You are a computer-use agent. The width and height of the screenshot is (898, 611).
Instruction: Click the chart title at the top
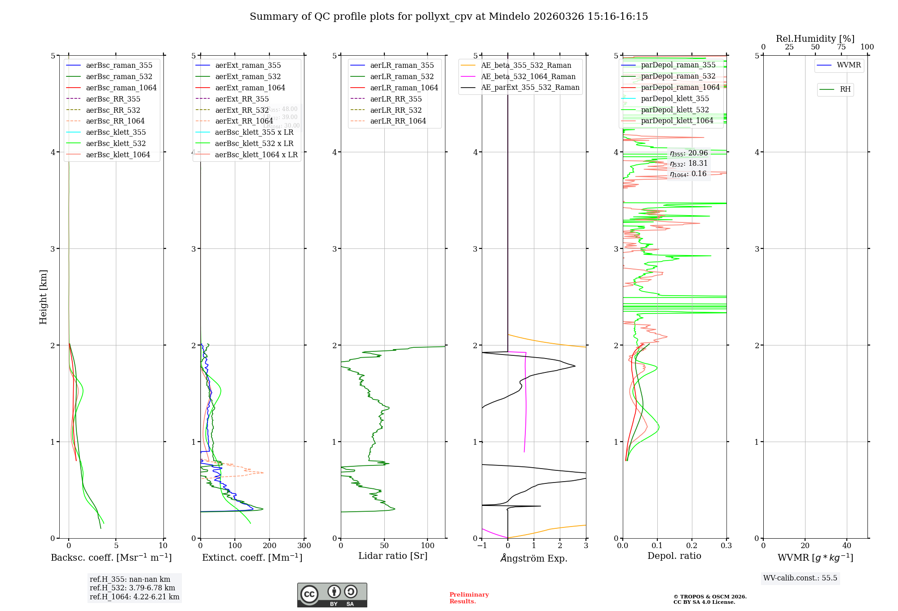pyautogui.click(x=449, y=17)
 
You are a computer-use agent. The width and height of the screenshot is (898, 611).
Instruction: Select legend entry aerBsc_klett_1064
pyautogui.click(x=118, y=155)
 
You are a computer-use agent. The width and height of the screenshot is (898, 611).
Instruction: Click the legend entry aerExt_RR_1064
pyautogui.click(x=244, y=121)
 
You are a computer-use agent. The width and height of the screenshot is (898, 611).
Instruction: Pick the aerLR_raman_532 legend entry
pyautogui.click(x=402, y=76)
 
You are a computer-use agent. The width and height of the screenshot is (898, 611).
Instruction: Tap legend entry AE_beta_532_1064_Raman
pyautogui.click(x=528, y=76)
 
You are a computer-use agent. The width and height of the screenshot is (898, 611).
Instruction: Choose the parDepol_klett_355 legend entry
pyautogui.click(x=675, y=98)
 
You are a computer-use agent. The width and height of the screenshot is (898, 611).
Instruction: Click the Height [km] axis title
pyautogui.click(x=43, y=297)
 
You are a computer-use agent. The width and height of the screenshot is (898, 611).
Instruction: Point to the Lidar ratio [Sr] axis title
pyautogui.click(x=393, y=556)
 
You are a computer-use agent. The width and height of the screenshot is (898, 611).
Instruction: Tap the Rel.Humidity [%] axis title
pyautogui.click(x=815, y=39)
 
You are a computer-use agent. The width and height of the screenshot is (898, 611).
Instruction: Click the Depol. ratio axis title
pyautogui.click(x=674, y=556)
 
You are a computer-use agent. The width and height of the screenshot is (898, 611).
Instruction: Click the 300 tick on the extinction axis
pyautogui.click(x=304, y=546)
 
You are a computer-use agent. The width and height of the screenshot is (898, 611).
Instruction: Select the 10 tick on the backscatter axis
pyautogui.click(x=163, y=546)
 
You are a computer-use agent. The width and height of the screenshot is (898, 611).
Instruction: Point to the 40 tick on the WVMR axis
pyautogui.click(x=847, y=546)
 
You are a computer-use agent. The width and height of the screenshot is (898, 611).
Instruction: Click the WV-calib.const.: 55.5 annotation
pyautogui.click(x=800, y=578)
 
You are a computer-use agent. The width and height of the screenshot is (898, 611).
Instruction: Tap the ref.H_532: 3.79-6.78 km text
pyautogui.click(x=132, y=588)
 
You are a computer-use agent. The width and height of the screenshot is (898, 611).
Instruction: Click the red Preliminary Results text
pyautogui.click(x=469, y=598)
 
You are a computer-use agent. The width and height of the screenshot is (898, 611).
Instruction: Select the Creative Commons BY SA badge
pyautogui.click(x=332, y=595)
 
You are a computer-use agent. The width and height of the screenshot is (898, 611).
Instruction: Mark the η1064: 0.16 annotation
pyautogui.click(x=688, y=174)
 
